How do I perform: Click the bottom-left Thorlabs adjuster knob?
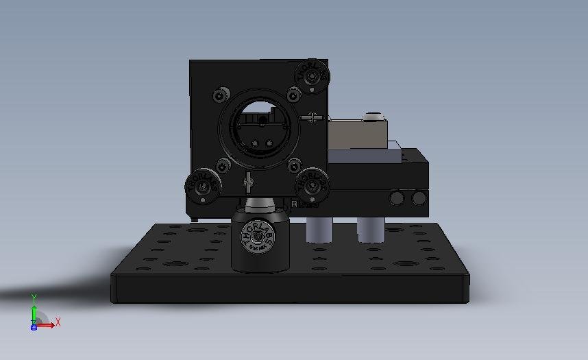[203, 185]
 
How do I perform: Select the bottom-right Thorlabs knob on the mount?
[312, 184]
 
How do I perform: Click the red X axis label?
[58, 322]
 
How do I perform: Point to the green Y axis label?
[34, 298]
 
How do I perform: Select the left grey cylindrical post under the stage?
[317, 230]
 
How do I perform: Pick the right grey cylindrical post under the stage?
[369, 230]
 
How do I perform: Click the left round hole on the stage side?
[396, 199]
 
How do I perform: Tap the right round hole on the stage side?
[418, 199]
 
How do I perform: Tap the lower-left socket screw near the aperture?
[223, 165]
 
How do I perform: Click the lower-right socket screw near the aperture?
[294, 165]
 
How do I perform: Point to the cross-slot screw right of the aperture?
[313, 118]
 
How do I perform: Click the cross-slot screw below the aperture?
[249, 182]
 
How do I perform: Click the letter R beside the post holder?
[294, 204]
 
